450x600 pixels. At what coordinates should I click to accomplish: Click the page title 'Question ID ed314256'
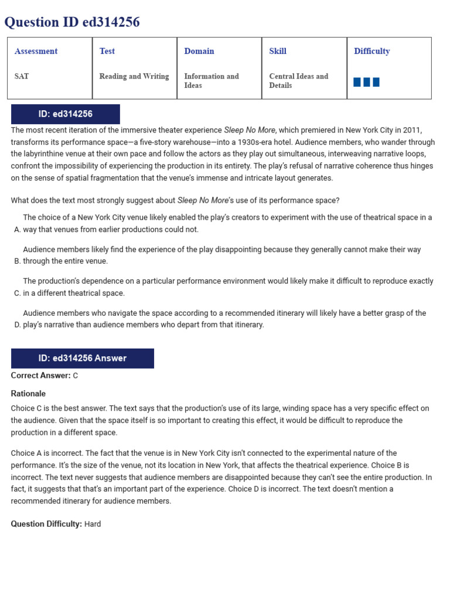[72, 22]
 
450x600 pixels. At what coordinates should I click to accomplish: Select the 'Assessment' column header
[36, 51]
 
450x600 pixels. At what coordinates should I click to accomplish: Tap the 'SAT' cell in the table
[22, 76]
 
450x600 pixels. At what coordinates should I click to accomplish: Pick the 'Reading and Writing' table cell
[134, 76]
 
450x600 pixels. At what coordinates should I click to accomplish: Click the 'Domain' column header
[199, 51]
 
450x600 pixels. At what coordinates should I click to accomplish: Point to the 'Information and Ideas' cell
[212, 81]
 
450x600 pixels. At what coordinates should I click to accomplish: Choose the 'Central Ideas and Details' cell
[298, 81]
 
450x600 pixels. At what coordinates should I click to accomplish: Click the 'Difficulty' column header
[371, 51]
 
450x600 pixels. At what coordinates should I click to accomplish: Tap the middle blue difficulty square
[367, 82]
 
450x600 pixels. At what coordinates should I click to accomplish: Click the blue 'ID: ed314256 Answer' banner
[83, 358]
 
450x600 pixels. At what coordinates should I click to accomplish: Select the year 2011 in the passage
[412, 130]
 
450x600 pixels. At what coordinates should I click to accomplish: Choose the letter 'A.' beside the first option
[17, 230]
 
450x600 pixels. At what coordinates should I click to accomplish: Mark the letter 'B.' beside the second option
[17, 261]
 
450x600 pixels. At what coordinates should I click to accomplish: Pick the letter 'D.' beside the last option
[17, 325]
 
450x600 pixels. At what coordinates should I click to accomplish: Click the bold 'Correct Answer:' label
[40, 376]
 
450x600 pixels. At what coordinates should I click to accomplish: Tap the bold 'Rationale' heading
[28, 394]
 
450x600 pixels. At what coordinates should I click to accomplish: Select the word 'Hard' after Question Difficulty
[93, 524]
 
